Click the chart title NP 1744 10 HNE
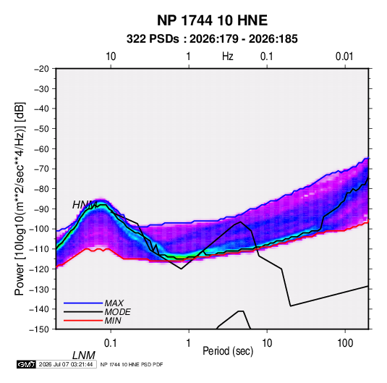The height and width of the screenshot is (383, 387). pyautogui.click(x=212, y=20)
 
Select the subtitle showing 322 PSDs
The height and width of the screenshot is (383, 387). pyautogui.click(x=212, y=39)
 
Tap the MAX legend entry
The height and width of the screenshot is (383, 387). pyautogui.click(x=94, y=303)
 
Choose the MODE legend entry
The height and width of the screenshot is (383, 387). pyautogui.click(x=97, y=312)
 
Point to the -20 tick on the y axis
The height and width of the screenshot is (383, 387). pyautogui.click(x=41, y=69)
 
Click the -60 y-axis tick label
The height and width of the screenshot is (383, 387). pyautogui.click(x=41, y=148)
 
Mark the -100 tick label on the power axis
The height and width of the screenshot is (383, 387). pyautogui.click(x=39, y=229)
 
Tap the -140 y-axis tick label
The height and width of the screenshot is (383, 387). pyautogui.click(x=39, y=309)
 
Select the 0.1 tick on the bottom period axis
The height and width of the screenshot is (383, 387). pyautogui.click(x=111, y=343)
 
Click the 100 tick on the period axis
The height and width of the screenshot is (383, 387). pyautogui.click(x=345, y=343)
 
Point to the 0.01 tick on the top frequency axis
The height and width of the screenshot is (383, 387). pyautogui.click(x=344, y=56)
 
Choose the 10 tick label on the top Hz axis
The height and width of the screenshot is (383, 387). pyautogui.click(x=111, y=56)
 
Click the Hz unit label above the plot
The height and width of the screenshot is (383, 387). pyautogui.click(x=228, y=56)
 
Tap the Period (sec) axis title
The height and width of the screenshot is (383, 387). pyautogui.click(x=228, y=351)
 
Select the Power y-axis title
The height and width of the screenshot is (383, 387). pyautogui.click(x=20, y=198)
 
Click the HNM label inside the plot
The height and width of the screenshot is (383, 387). pyautogui.click(x=85, y=205)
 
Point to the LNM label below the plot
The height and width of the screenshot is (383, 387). pyautogui.click(x=84, y=355)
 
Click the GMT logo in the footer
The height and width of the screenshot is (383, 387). pyautogui.click(x=27, y=364)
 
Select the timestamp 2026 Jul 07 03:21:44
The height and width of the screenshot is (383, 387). pyautogui.click(x=66, y=364)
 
